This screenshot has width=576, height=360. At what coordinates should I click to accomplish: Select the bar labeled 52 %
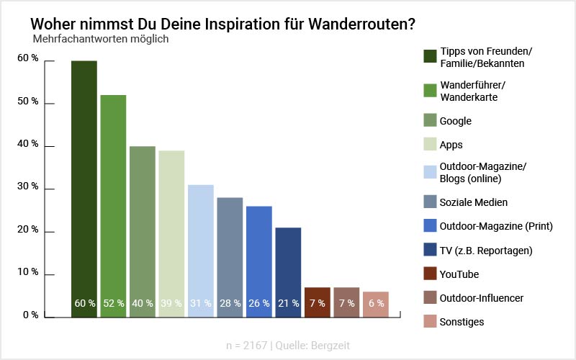113,205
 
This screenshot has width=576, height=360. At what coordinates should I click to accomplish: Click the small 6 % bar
376,304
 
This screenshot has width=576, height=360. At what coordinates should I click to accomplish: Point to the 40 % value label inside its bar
143,303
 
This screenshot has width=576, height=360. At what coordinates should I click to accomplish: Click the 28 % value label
230,303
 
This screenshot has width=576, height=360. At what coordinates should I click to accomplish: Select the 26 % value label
259,303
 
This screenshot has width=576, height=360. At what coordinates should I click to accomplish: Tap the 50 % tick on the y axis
28,102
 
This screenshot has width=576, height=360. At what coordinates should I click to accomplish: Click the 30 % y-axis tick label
28,187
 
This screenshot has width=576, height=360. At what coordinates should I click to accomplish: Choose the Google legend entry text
456,121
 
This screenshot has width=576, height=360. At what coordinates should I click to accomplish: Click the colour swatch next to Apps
430,144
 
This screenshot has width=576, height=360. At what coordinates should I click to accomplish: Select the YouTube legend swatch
430,274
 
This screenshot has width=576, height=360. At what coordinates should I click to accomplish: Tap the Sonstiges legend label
462,322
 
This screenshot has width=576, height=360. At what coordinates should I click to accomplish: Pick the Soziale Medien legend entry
474,203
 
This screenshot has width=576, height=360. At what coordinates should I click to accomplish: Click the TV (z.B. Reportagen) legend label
486,251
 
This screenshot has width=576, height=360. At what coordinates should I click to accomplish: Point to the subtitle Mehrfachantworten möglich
101,39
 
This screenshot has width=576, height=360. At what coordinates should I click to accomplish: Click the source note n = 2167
246,345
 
